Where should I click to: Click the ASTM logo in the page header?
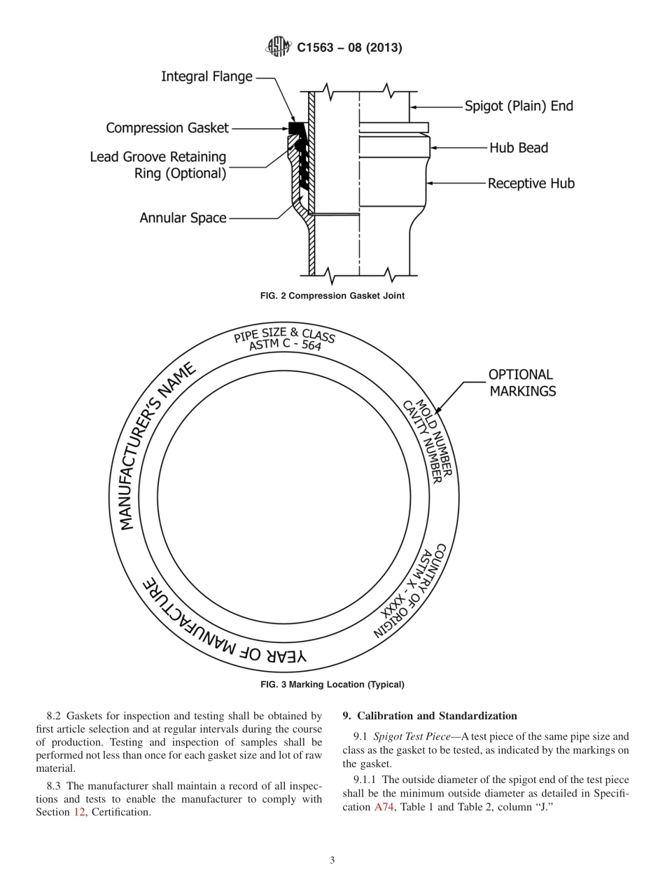[x=279, y=48]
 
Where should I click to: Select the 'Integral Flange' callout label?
[x=206, y=76]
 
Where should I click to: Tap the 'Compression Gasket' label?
[x=167, y=127]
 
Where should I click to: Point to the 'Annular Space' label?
[x=183, y=218]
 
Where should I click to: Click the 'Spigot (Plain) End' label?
[x=519, y=106]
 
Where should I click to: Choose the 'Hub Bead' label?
[x=518, y=148]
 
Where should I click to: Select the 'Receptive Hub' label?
[x=531, y=184]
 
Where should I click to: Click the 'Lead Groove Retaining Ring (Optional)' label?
[x=158, y=165]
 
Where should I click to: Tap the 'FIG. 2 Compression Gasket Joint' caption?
[x=332, y=296]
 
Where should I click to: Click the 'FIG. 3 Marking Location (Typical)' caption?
[x=332, y=684]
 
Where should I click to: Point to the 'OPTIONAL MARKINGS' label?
[x=522, y=383]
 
